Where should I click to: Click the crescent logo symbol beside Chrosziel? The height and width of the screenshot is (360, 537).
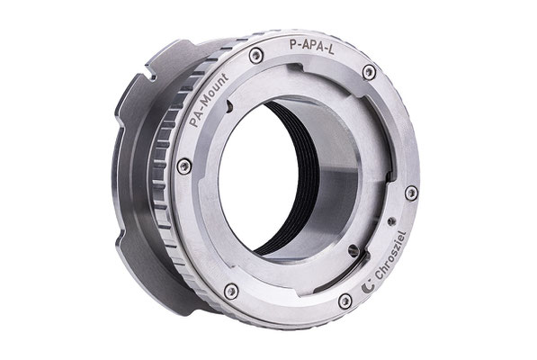(x=368, y=287)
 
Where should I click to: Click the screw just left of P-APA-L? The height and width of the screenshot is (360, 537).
(x=255, y=56)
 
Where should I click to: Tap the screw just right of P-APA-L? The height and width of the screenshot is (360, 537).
(x=369, y=72)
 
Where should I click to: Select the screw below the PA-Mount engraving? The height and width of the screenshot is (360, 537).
(x=183, y=166)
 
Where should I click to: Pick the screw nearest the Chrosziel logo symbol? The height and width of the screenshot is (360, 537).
(x=345, y=301)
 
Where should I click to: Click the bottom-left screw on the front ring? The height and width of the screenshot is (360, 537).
(x=231, y=292)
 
